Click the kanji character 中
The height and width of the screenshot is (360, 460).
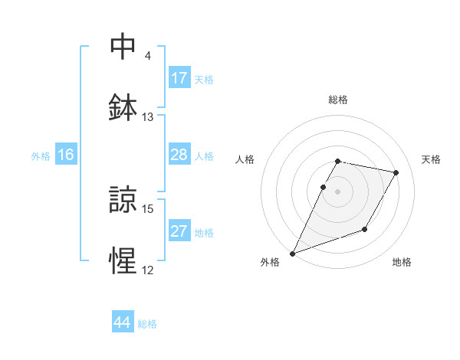point(123,47)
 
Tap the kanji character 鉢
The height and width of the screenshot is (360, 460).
point(123,107)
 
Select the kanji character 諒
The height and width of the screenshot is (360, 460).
point(123,199)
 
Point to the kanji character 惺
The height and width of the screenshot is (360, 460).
point(123,260)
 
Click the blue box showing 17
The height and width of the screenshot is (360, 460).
point(179,78)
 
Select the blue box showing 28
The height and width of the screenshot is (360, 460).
point(179,155)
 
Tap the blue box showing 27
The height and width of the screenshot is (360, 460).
point(179,231)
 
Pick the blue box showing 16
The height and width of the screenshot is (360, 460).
point(65,155)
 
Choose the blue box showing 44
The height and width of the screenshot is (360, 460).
point(123,322)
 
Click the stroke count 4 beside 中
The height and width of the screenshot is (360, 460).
point(148,56)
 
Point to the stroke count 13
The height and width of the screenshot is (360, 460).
point(148,117)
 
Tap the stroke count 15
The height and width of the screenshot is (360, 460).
point(148,208)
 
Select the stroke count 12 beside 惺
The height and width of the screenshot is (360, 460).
point(148,270)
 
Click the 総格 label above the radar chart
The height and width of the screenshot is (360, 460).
point(338,100)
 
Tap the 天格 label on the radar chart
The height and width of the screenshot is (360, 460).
point(431,159)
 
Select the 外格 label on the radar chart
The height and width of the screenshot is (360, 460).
point(270,263)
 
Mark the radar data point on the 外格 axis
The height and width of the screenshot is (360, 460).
point(293,253)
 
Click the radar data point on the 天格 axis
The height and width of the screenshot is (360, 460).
point(396,173)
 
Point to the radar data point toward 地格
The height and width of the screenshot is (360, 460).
point(365,229)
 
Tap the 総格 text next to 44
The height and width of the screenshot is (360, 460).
point(147,324)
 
